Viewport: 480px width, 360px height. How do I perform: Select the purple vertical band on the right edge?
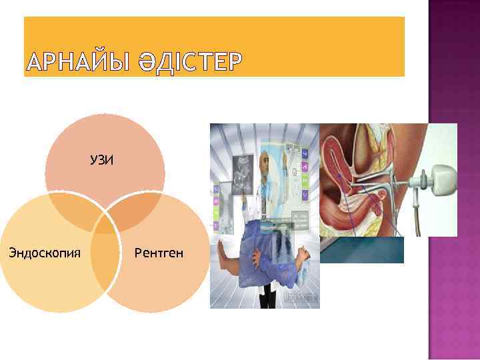pos(453,180)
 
